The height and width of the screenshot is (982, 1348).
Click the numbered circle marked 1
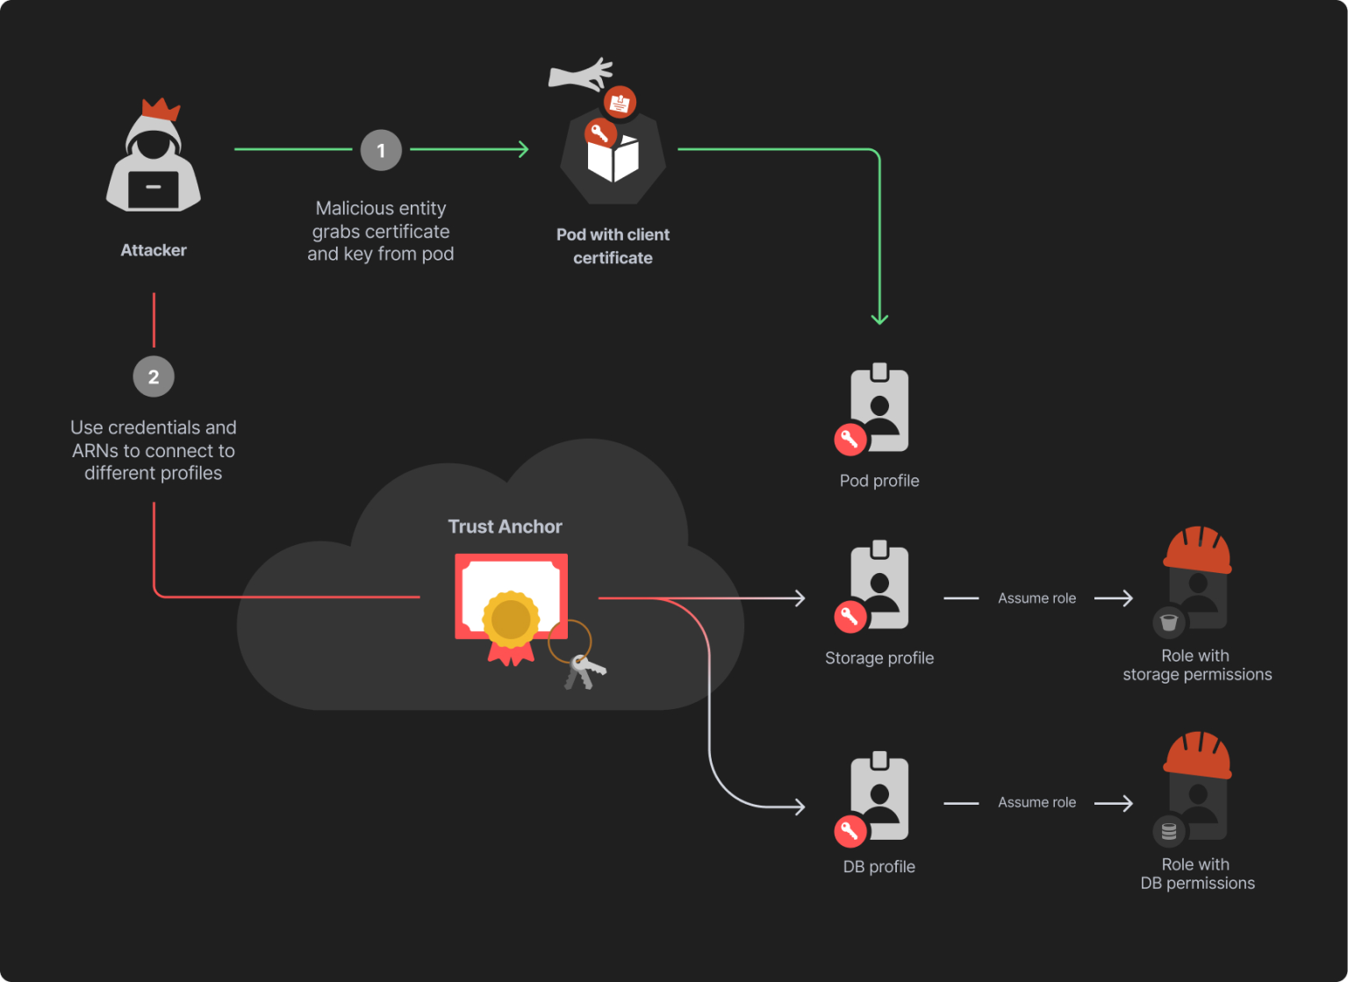381,151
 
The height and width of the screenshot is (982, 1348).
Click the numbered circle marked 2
154,377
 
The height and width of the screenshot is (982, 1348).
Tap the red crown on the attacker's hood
161,110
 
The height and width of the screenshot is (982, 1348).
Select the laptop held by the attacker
154,189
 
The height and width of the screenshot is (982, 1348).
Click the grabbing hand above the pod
580,75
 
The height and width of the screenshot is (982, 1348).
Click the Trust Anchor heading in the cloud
505,527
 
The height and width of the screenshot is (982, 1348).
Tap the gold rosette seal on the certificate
511,620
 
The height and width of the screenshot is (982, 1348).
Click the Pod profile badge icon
879,409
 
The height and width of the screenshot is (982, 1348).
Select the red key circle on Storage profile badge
850,616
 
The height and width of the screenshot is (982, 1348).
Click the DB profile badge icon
879,797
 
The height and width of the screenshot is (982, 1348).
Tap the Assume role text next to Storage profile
1036,599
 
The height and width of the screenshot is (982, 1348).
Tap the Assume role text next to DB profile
1036,802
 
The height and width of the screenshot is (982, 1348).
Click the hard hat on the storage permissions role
1197,550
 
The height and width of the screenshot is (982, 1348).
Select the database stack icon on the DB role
1169,830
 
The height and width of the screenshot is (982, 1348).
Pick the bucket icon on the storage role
1169,622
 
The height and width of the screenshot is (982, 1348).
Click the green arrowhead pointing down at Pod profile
879,319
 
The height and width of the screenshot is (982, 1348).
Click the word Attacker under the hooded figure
154,250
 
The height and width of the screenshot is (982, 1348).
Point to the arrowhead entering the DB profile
799,806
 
